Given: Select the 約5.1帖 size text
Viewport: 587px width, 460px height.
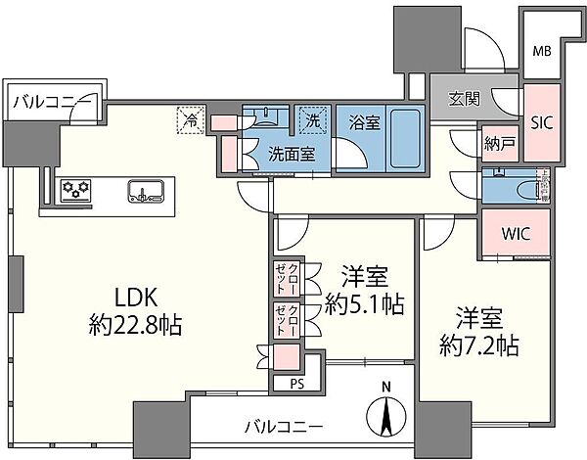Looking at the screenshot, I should pos(363,303).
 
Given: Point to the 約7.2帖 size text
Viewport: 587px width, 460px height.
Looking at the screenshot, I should pos(478,345).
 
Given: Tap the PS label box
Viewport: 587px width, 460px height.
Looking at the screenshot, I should pos(297,385).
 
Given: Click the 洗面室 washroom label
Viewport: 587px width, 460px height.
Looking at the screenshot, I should pos(292,153).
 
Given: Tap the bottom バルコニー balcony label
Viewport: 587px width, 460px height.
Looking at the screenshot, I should pos(285,426).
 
